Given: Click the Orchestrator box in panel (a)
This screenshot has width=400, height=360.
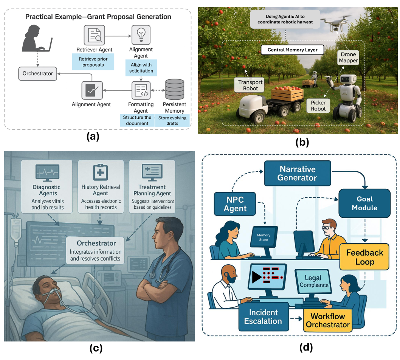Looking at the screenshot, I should pos(38,73).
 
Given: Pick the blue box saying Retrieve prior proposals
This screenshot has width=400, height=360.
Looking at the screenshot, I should pos(93,62).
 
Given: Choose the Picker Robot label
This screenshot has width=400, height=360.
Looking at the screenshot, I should pos(318,106).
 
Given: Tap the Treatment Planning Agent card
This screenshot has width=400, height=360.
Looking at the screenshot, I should pos(152,186).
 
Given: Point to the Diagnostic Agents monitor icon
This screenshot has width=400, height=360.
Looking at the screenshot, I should pos(47,172).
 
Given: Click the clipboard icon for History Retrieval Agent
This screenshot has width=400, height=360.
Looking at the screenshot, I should pos(100,173).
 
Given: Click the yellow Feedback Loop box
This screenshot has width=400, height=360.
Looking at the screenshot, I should pos(364,257).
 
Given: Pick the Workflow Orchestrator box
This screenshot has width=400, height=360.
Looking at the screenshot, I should pos(328,320).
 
